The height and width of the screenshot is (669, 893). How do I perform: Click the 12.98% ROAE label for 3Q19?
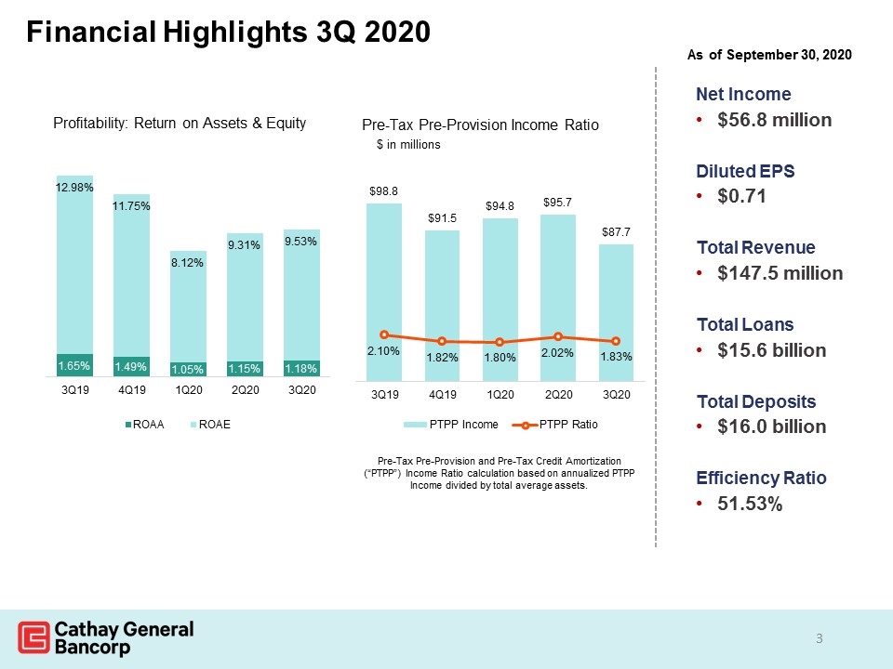point(74,187)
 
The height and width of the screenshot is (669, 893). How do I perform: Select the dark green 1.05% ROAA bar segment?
point(188,369)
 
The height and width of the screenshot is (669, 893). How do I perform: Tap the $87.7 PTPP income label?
point(616,232)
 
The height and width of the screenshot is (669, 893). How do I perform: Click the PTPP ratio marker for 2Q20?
point(558,336)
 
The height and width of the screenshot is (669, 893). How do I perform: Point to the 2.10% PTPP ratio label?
point(383,351)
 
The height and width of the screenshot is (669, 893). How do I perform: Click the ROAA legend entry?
point(145,425)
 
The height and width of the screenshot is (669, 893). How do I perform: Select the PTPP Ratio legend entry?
point(555,425)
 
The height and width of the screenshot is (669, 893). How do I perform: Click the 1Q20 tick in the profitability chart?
point(188,390)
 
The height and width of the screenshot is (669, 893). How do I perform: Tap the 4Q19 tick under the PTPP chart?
point(442,395)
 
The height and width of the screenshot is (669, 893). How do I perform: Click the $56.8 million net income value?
point(775,120)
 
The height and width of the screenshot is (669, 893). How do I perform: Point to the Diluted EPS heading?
point(745,171)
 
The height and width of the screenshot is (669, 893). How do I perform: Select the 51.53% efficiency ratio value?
point(750,504)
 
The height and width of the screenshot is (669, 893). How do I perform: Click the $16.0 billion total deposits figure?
point(772,426)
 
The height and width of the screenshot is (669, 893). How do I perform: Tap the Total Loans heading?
point(745,325)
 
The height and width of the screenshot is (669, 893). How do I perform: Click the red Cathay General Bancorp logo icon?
point(33,637)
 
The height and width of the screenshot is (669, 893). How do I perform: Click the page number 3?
point(819,639)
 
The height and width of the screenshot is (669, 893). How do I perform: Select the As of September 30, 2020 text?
point(769,55)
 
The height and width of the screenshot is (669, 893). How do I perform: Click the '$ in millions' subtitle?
point(408,145)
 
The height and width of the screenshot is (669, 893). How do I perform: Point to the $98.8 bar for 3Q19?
point(384,293)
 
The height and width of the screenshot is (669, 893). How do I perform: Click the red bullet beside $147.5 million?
point(700,273)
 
